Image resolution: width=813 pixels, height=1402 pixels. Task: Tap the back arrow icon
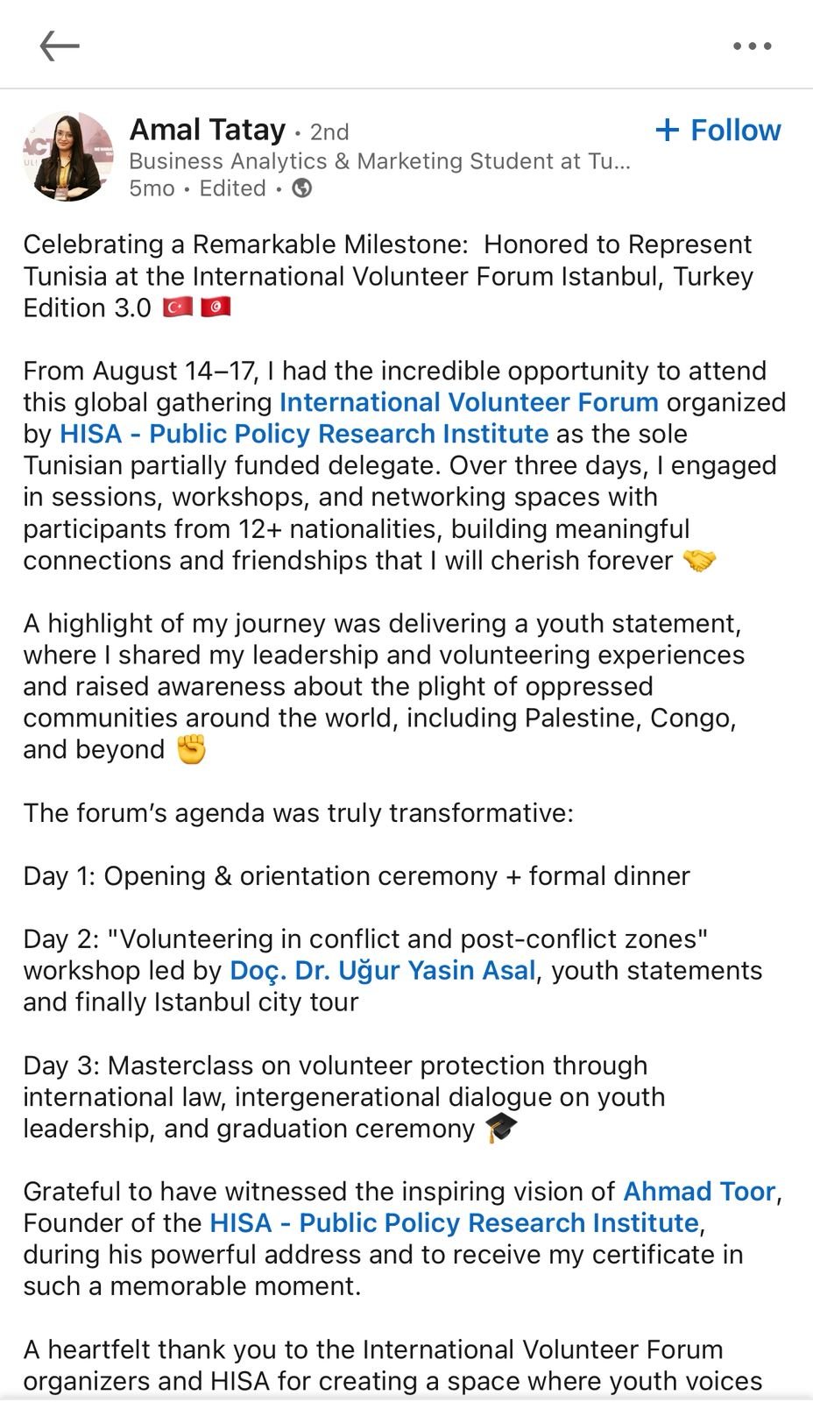pyautogui.click(x=60, y=46)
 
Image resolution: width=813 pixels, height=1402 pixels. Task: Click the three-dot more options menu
pyautogui.click(x=752, y=46)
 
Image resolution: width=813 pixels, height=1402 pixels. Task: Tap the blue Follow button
pyautogui.click(x=718, y=131)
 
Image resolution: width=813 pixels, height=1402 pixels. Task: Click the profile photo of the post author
pyautogui.click(x=68, y=156)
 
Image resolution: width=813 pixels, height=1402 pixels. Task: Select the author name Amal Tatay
pyautogui.click(x=208, y=130)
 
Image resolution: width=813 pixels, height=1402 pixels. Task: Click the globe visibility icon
pyautogui.click(x=302, y=188)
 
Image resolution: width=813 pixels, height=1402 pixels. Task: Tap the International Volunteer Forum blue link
pyautogui.click(x=469, y=402)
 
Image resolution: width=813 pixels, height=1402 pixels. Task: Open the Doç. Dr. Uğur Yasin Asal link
pyautogui.click(x=382, y=971)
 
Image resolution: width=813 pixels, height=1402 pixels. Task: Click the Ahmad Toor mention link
pyautogui.click(x=699, y=1192)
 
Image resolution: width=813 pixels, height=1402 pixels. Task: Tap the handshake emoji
pyautogui.click(x=698, y=561)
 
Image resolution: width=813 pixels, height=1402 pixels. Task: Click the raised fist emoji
pyautogui.click(x=191, y=750)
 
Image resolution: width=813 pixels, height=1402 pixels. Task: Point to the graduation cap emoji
pyautogui.click(x=501, y=1129)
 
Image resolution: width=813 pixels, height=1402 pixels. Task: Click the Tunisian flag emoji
pyautogui.click(x=216, y=308)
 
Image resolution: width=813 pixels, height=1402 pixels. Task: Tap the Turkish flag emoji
pyautogui.click(x=178, y=308)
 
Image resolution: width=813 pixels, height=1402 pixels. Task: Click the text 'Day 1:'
pyautogui.click(x=60, y=876)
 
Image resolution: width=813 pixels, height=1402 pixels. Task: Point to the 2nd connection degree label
pyautogui.click(x=329, y=132)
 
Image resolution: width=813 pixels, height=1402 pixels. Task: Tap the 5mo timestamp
pyautogui.click(x=152, y=188)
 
